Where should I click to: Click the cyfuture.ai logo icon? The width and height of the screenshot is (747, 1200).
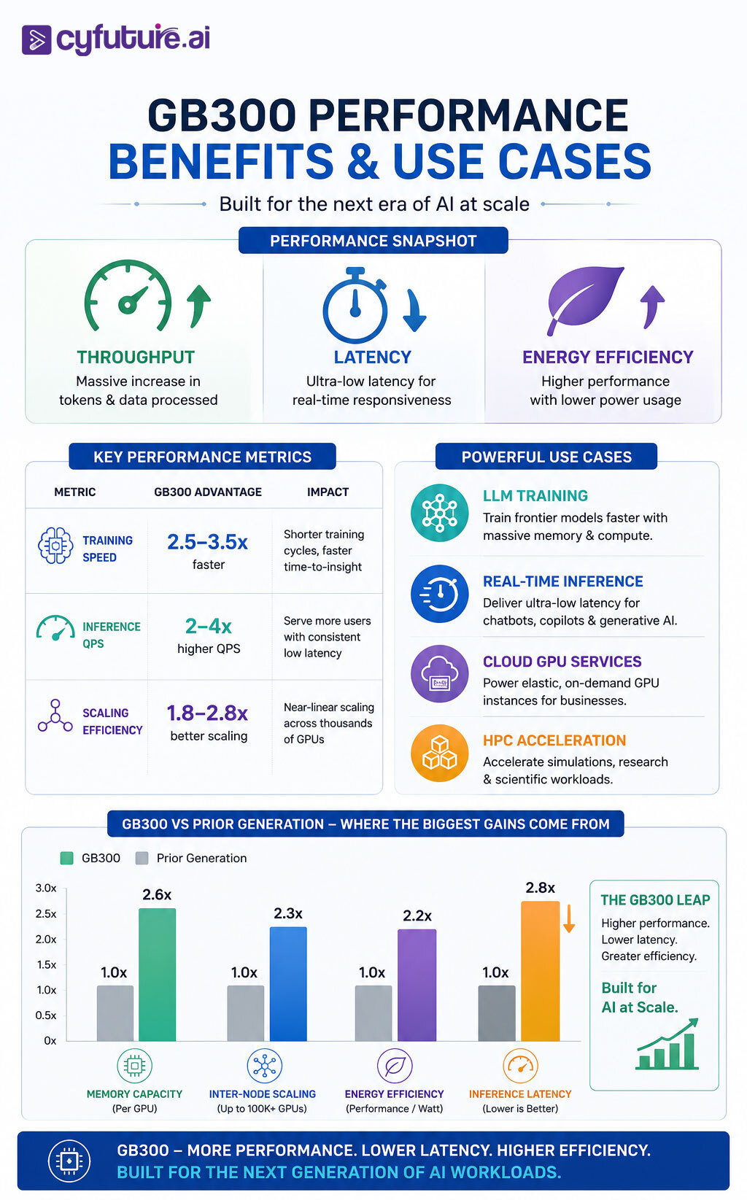point(36,39)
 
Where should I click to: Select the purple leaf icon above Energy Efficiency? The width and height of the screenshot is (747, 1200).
point(584,299)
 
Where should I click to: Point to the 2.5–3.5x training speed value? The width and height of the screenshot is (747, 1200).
point(207,542)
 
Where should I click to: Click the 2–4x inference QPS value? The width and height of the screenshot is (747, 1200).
point(209,626)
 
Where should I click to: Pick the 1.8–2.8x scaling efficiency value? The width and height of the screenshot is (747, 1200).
point(207,713)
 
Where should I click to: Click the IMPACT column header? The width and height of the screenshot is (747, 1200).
point(328,492)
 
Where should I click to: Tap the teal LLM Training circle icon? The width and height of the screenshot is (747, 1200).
point(440,513)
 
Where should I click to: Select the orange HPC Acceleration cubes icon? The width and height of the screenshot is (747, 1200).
point(440,754)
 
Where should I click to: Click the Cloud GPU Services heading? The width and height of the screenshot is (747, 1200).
point(562,662)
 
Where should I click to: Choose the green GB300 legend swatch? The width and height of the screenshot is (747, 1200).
point(67,858)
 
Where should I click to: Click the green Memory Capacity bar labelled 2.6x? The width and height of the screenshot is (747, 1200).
point(157,975)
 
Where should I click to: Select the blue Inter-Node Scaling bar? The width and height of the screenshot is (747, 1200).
point(288,983)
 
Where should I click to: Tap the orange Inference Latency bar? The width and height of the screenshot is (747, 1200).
point(540,971)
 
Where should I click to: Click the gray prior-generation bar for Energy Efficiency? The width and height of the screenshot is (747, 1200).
point(373,1013)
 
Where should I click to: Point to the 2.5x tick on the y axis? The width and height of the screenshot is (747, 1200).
point(46,914)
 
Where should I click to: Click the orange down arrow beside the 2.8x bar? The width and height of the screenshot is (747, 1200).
point(569,918)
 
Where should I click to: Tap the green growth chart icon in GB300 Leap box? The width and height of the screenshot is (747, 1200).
point(667,1044)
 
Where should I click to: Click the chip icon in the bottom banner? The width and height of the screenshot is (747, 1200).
point(69,1161)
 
